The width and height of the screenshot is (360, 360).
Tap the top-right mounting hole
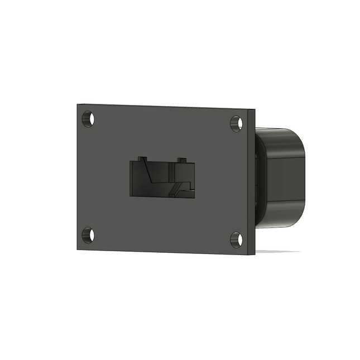236,123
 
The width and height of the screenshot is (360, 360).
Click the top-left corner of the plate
76,105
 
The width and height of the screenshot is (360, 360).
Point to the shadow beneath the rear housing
279,251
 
